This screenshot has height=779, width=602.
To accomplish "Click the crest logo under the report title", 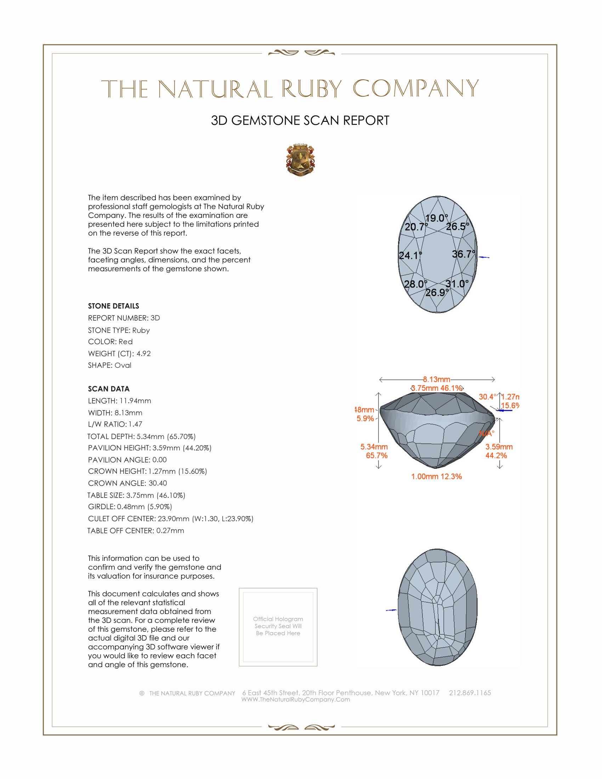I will [x=300, y=160].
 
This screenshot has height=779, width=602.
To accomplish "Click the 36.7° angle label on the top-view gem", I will [x=463, y=254].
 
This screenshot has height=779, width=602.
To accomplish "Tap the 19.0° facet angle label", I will [x=436, y=218].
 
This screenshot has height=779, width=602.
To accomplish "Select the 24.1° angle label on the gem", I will [x=410, y=255].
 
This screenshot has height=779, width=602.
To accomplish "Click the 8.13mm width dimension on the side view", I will [x=437, y=379].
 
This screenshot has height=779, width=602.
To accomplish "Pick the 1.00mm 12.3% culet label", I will [x=436, y=477].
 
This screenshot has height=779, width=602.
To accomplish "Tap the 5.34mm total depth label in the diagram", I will [x=374, y=447].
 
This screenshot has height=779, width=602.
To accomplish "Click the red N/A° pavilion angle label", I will [x=487, y=434].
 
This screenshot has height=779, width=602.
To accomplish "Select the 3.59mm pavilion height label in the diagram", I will [x=499, y=447].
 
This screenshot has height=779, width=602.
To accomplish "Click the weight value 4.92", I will [x=143, y=353].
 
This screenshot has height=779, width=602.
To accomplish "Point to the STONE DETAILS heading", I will [x=113, y=306].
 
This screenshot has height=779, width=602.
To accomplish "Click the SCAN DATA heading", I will [x=109, y=389].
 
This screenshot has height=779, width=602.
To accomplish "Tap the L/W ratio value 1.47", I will [x=135, y=424].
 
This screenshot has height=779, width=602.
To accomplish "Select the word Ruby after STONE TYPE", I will [x=141, y=330].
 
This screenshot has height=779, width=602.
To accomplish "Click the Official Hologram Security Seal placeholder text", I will [x=278, y=626].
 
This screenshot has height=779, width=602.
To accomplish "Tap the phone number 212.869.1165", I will [x=470, y=693].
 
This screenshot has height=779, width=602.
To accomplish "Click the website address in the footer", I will [x=295, y=699].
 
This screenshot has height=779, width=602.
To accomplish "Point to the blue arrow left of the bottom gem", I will [x=391, y=610].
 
